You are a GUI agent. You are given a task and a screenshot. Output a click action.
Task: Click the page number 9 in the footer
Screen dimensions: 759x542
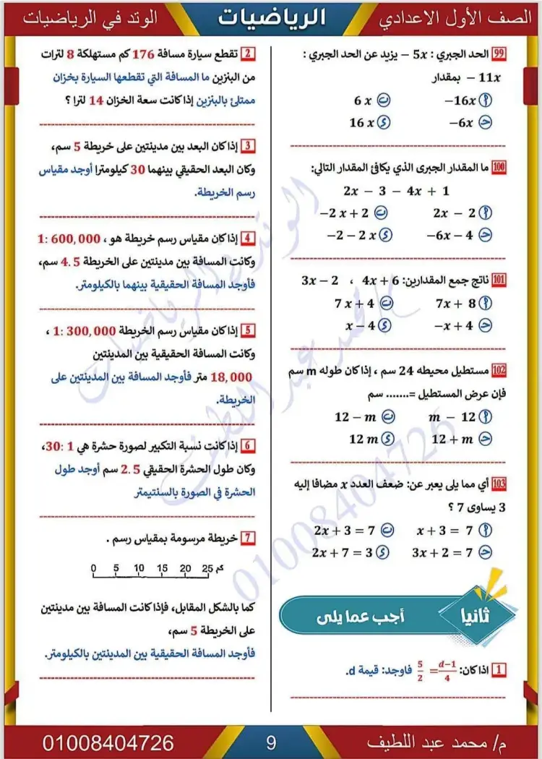tap(272, 742)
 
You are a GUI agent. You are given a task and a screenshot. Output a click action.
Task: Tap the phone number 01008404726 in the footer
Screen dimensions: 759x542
tap(108, 742)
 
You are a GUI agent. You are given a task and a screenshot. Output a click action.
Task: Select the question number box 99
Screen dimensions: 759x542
tap(499, 54)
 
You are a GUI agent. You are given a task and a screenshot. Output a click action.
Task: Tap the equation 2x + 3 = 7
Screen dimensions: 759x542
tap(345, 531)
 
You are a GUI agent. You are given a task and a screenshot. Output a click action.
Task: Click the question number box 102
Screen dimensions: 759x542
tap(499, 371)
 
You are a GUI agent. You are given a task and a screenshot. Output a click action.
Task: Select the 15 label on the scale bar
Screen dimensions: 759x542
tap(162, 567)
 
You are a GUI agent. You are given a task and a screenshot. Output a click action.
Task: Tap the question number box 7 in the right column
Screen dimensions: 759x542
tap(248, 537)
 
